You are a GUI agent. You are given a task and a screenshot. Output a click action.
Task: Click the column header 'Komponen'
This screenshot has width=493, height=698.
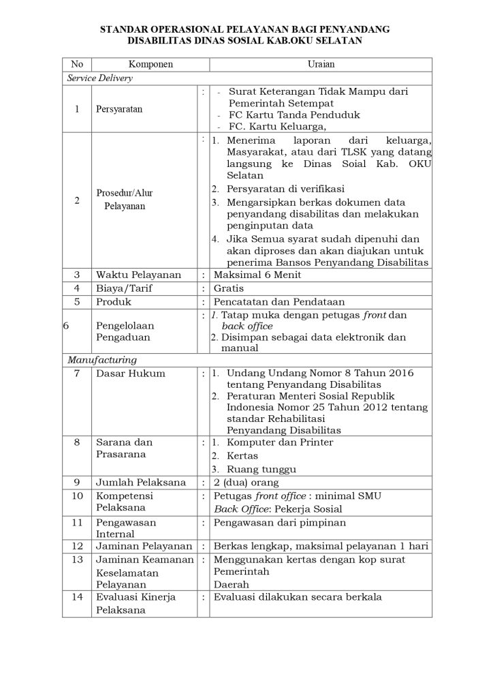[x=151, y=64]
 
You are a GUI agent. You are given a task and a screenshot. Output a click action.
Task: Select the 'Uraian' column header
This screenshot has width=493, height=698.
[x=319, y=64]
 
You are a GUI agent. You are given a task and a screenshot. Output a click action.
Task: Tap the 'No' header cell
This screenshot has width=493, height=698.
[x=77, y=64]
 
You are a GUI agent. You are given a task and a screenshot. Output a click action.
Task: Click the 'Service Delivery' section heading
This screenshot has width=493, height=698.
[x=99, y=78]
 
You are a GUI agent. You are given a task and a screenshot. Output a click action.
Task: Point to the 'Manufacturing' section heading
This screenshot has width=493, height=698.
[x=101, y=359]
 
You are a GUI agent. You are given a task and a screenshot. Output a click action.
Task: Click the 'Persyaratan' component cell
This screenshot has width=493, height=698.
[x=119, y=109]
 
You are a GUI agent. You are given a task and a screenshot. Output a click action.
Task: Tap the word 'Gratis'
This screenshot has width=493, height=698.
[x=229, y=288]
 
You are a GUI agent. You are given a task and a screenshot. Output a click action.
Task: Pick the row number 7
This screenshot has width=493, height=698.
[x=77, y=373]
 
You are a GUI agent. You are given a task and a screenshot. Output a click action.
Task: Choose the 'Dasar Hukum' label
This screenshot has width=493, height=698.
[x=130, y=373]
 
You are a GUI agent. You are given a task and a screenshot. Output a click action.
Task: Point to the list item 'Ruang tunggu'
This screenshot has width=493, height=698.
[x=261, y=469]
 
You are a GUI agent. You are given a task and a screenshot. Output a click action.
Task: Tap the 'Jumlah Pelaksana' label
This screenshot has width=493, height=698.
[x=140, y=482]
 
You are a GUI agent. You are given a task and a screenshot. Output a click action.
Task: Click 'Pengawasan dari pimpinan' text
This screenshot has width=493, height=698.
[x=280, y=522]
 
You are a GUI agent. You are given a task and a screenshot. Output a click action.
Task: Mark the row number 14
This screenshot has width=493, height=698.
[x=77, y=597]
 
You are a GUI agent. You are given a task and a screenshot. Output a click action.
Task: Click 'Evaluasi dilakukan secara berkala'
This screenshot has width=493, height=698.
[x=298, y=597]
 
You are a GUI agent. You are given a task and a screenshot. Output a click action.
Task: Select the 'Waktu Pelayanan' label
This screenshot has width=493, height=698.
[x=138, y=275]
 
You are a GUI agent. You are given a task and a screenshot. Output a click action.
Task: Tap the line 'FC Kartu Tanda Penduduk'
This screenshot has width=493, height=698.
[x=294, y=115]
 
